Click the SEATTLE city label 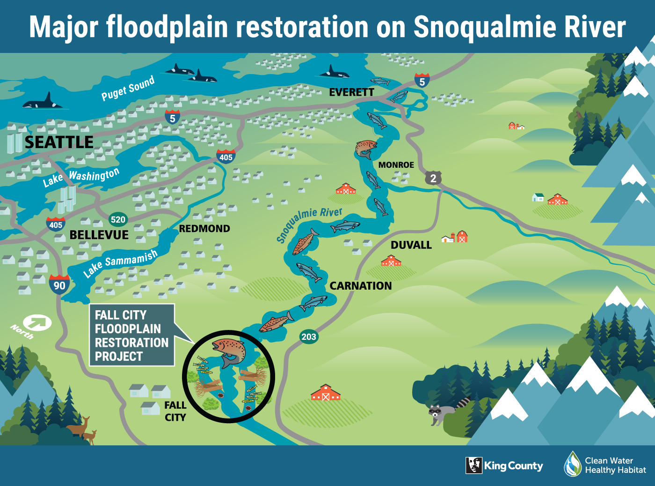[x=59, y=142]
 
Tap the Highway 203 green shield [x=309, y=336]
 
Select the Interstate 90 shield [x=59, y=285]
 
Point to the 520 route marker [x=118, y=219]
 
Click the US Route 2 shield [x=433, y=178]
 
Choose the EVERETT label [x=351, y=92]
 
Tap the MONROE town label [x=396, y=165]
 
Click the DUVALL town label [x=411, y=245]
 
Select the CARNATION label [x=360, y=286]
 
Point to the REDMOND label [x=204, y=229]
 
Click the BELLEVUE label [x=99, y=235]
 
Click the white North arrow [x=37, y=322]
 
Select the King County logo [x=504, y=465]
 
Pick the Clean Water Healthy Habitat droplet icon [x=572, y=464]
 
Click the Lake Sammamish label [x=120, y=263]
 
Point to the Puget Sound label [x=128, y=88]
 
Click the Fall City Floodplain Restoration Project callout [x=131, y=335]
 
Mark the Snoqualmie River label [x=309, y=224]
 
